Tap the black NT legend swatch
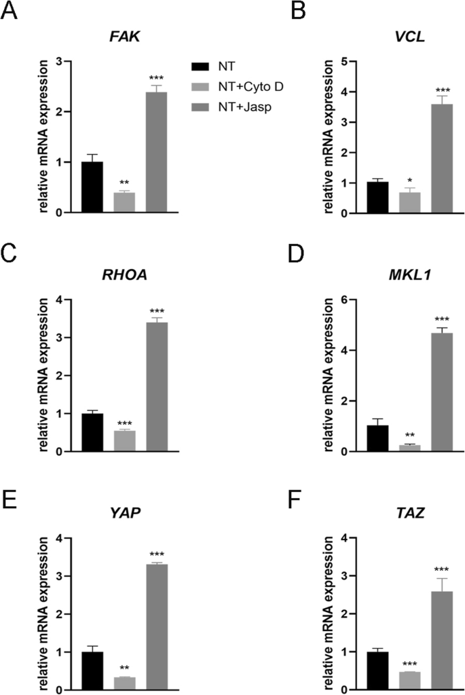pyautogui.click(x=200, y=65)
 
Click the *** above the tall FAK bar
pyautogui.click(x=156, y=78)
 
